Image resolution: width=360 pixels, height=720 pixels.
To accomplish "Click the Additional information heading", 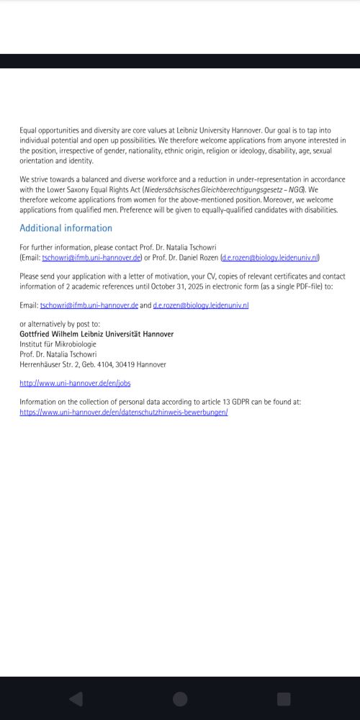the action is [66, 228].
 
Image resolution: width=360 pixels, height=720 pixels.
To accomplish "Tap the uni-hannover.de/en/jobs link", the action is [75, 384].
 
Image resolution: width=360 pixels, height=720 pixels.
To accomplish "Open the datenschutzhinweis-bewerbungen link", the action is [124, 412].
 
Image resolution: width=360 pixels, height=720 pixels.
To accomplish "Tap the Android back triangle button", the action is [76, 699].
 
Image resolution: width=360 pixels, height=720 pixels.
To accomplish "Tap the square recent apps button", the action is [284, 699].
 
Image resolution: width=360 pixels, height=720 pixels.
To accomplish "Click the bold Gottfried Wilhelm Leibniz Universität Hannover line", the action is [96, 334].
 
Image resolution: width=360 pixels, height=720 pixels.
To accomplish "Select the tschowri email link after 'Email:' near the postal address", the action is [89, 305].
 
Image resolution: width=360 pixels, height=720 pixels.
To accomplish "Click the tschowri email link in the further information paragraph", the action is [91, 257].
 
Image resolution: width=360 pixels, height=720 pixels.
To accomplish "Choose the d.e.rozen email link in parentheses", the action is [270, 257].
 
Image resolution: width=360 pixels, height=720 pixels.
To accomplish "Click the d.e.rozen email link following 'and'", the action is [201, 305].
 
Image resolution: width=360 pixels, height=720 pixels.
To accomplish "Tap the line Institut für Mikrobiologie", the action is [58, 344].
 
